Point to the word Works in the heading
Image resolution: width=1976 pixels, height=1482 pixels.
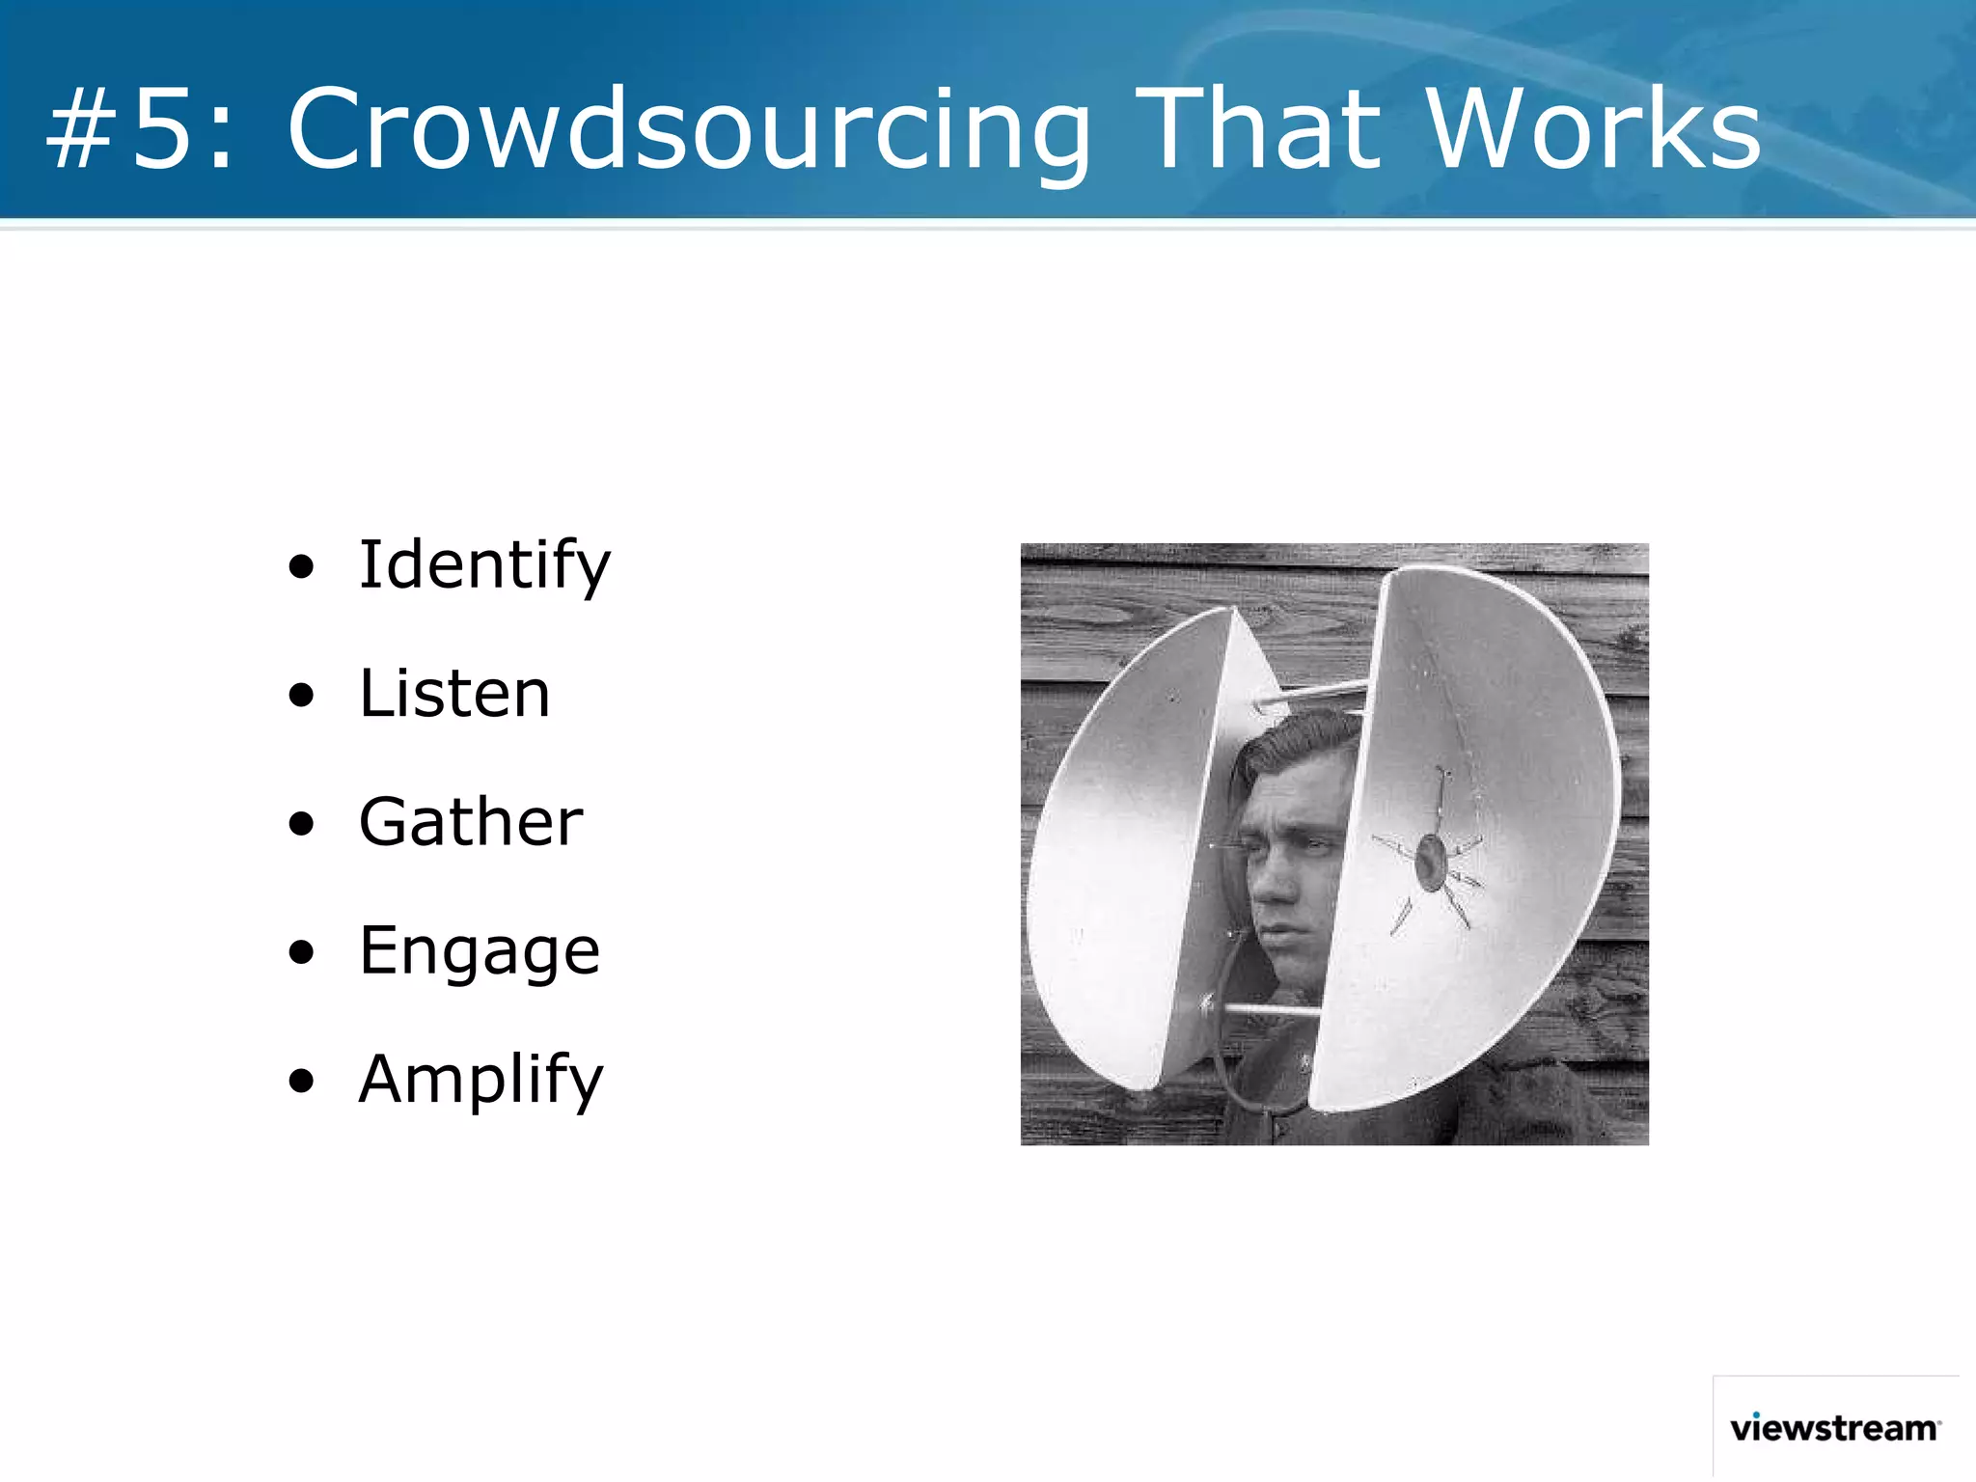pyautogui.click(x=1593, y=129)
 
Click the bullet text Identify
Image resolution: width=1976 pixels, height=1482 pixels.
pyautogui.click(x=484, y=565)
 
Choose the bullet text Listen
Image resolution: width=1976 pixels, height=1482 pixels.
pyautogui.click(x=454, y=694)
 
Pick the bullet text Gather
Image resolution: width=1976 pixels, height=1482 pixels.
pyautogui.click(x=471, y=822)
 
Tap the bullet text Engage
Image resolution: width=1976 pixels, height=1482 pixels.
pyautogui.click(x=480, y=951)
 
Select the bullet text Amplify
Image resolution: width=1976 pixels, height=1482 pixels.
pyautogui.click(x=480, y=1080)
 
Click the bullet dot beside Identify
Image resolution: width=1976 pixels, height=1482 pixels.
pyautogui.click(x=302, y=567)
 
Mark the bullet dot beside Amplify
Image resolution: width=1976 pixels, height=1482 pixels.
pyautogui.click(x=302, y=1082)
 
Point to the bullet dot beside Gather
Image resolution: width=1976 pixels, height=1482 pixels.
pyautogui.click(x=302, y=824)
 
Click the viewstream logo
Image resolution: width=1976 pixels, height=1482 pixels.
pyautogui.click(x=1834, y=1428)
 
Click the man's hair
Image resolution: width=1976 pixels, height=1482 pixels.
pyautogui.click(x=1298, y=743)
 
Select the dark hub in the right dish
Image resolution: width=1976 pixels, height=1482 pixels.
pyautogui.click(x=1431, y=863)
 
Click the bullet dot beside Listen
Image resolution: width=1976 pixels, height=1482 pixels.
pyautogui.click(x=302, y=696)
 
